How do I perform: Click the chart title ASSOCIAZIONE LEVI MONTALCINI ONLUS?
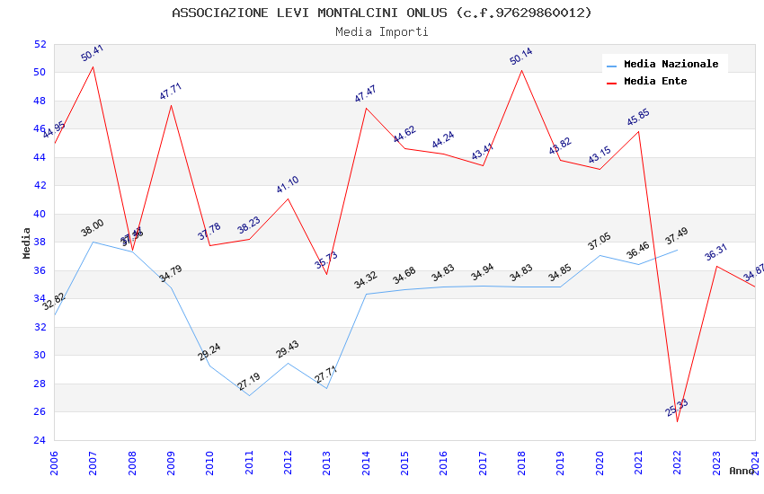(382, 13)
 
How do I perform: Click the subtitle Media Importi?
(382, 31)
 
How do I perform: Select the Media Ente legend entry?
(655, 82)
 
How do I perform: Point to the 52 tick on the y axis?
(40, 44)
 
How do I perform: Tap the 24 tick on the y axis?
(40, 440)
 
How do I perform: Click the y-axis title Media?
(27, 243)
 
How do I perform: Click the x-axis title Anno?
(742, 471)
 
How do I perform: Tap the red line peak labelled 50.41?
(93, 66)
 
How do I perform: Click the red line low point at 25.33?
(677, 421)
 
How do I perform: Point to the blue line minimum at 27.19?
(249, 395)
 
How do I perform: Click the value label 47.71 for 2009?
(171, 91)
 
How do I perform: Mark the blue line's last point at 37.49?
(677, 249)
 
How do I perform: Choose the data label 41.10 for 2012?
(288, 184)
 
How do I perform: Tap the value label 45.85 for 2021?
(638, 117)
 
